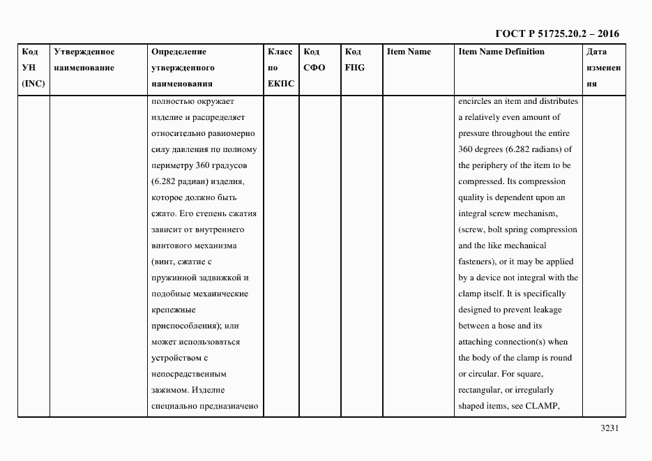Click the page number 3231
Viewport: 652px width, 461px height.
click(609, 429)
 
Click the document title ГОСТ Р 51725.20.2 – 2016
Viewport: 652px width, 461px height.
click(556, 33)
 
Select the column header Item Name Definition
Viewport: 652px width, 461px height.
click(501, 52)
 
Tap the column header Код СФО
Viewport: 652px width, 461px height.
click(314, 60)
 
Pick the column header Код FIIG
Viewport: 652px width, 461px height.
click(354, 60)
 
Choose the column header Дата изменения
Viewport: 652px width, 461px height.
click(603, 68)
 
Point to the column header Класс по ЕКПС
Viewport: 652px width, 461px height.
click(281, 68)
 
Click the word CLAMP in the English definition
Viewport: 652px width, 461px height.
click(545, 407)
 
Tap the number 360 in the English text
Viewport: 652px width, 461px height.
click(466, 149)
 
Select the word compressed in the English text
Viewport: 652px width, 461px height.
click(480, 181)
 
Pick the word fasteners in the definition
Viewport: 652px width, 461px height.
click(476, 262)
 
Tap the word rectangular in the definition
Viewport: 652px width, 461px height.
click(481, 391)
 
